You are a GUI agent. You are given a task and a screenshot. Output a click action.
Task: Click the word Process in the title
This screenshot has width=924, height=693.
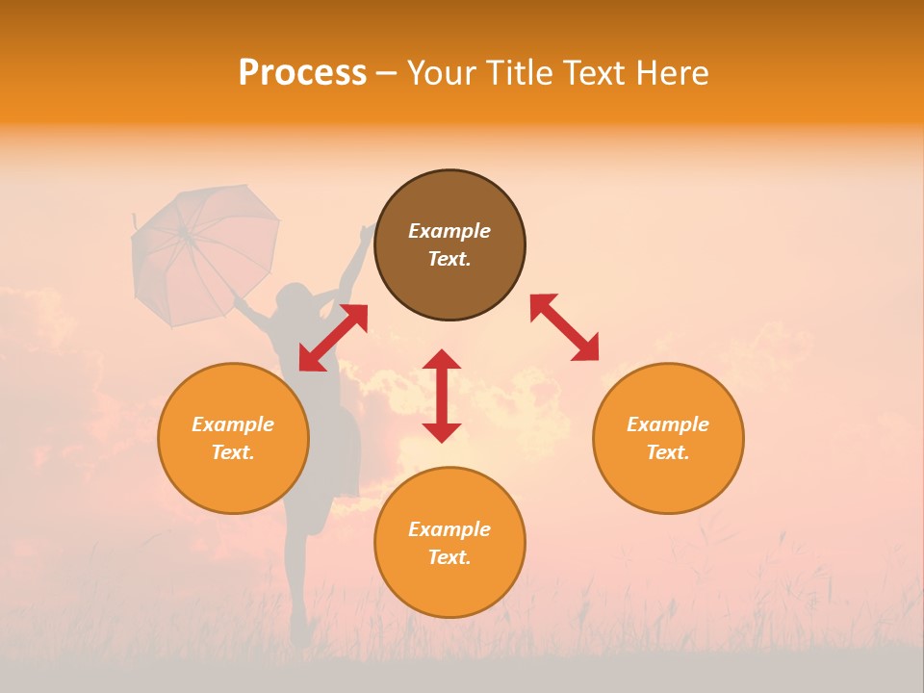coord(302,73)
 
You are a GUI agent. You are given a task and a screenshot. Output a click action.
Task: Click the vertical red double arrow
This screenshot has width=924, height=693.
coord(442,396)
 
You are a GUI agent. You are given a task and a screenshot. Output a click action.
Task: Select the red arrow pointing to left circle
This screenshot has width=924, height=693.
coord(333,337)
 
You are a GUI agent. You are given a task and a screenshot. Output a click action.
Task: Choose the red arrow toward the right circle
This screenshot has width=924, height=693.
coord(564,327)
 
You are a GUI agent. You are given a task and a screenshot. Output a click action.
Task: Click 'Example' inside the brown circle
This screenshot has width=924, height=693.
coord(449,231)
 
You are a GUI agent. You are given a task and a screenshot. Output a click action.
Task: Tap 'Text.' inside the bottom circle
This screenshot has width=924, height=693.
coord(449,557)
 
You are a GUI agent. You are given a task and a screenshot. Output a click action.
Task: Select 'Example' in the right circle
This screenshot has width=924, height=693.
coord(668,424)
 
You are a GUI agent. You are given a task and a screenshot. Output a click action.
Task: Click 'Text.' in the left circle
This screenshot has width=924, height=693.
coord(233,452)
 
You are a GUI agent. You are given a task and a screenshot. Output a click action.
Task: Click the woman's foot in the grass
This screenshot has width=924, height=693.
coord(301,630)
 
